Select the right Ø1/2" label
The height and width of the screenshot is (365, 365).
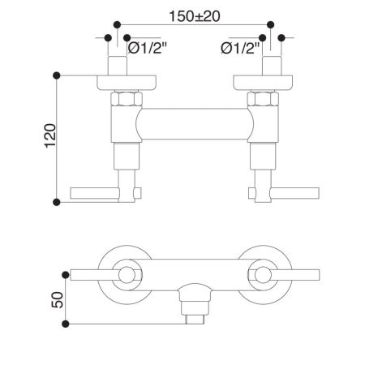coord(241,49)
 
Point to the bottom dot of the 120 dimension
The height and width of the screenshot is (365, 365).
coord(56,201)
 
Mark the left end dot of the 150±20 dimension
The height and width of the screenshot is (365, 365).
coord(119,24)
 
